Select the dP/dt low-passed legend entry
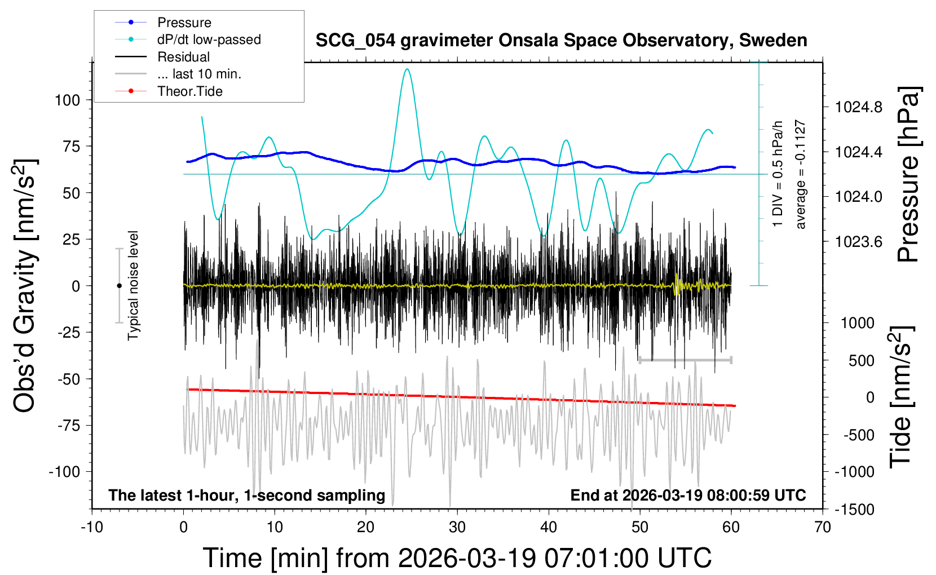[209, 39]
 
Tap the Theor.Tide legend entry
[189, 91]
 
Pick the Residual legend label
[183, 57]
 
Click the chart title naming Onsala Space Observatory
[561, 41]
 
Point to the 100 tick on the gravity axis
[68, 100]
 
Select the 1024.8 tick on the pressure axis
[858, 107]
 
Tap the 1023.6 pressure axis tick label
[858, 242]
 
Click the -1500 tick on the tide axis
[854, 510]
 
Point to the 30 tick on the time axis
[457, 528]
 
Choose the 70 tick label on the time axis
[823, 528]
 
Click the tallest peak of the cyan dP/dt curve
[407, 69]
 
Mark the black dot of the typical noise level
[119, 286]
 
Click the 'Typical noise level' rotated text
[133, 285]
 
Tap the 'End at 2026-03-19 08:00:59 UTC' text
[688, 496]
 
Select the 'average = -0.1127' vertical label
[800, 174]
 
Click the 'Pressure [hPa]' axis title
[909, 174]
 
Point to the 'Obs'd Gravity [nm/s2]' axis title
[26, 286]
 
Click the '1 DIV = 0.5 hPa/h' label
[778, 174]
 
